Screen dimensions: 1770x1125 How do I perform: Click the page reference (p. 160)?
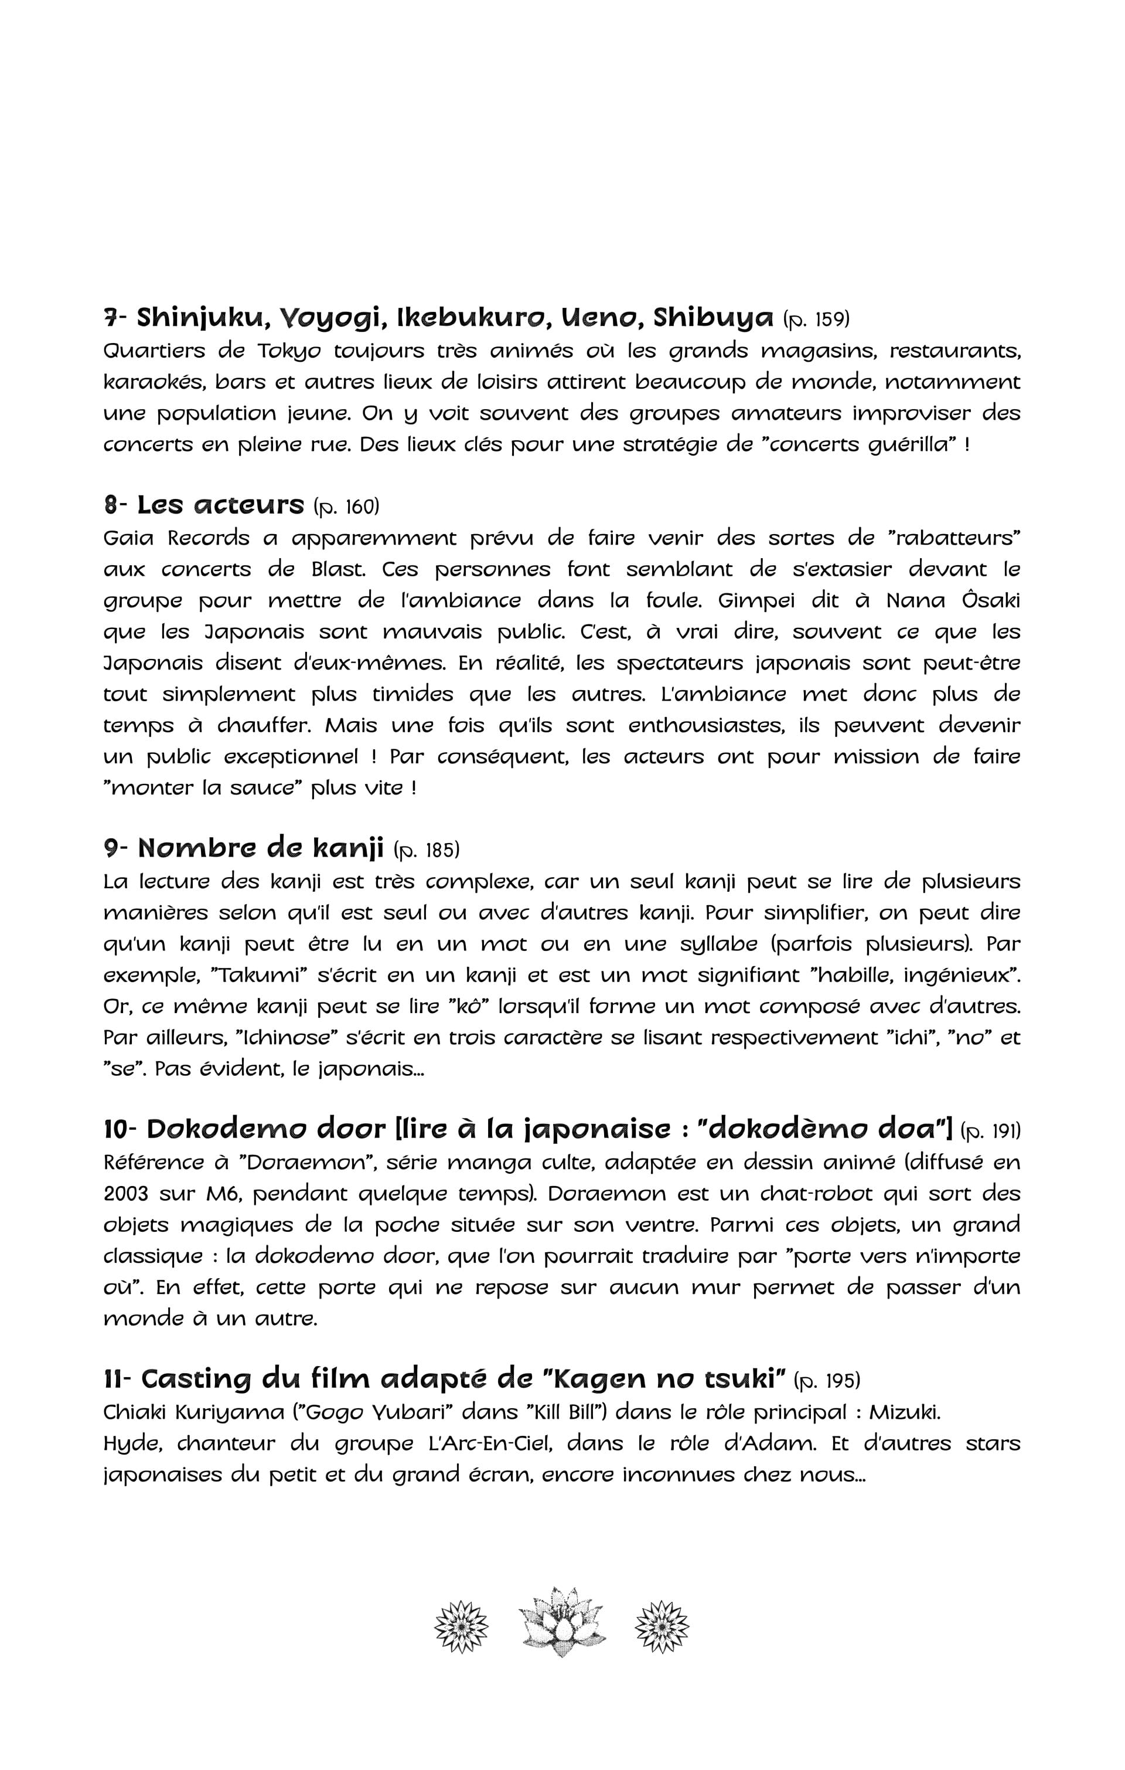coord(346,507)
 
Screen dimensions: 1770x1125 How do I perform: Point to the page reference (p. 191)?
coord(991,1130)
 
